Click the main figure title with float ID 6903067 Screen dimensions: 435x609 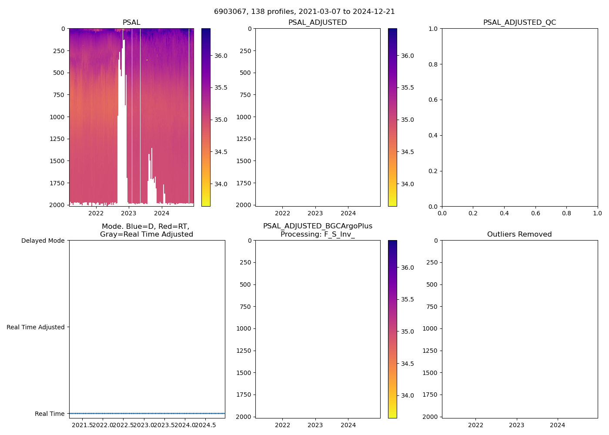[304, 12]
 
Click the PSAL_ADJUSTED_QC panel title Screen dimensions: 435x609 [519, 23]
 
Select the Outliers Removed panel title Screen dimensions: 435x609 [519, 234]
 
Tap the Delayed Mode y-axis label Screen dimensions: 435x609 [43, 241]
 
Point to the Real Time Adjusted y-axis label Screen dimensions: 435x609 [36, 327]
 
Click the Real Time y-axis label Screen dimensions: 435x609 [50, 414]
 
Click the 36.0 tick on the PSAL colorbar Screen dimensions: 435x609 [221, 56]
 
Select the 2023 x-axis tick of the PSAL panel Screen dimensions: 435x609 [129, 213]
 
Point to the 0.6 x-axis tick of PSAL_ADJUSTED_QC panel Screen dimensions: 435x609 [535, 213]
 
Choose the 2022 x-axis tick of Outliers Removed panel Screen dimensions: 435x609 [475, 425]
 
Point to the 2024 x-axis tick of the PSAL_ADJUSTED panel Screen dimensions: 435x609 [348, 213]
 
